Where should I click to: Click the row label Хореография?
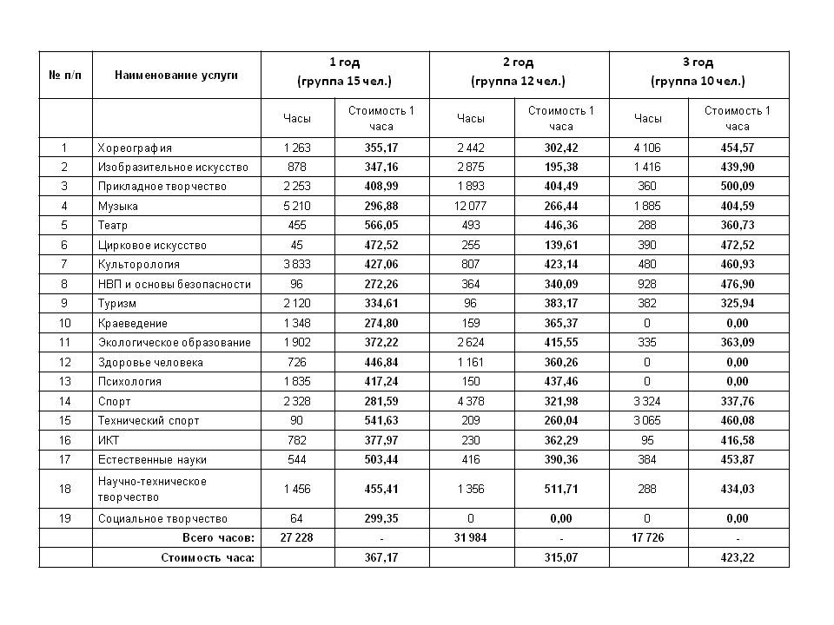coord(135,148)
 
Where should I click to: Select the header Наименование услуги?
coord(175,75)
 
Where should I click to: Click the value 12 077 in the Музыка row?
coord(471,206)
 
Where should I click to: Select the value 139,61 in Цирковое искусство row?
coord(561,245)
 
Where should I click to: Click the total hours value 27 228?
coord(297,538)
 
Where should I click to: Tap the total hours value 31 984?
coord(471,538)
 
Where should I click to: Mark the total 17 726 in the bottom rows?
coord(648,538)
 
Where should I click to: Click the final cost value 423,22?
coord(738,557)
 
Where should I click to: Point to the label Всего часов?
coord(221,538)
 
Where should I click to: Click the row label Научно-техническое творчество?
coord(152,489)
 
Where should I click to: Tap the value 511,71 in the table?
coord(561,489)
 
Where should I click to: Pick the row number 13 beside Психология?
coord(64,381)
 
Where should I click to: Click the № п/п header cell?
coord(64,75)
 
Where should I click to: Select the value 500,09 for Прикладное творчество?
coord(738,187)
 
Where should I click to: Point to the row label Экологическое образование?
coord(174,342)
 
